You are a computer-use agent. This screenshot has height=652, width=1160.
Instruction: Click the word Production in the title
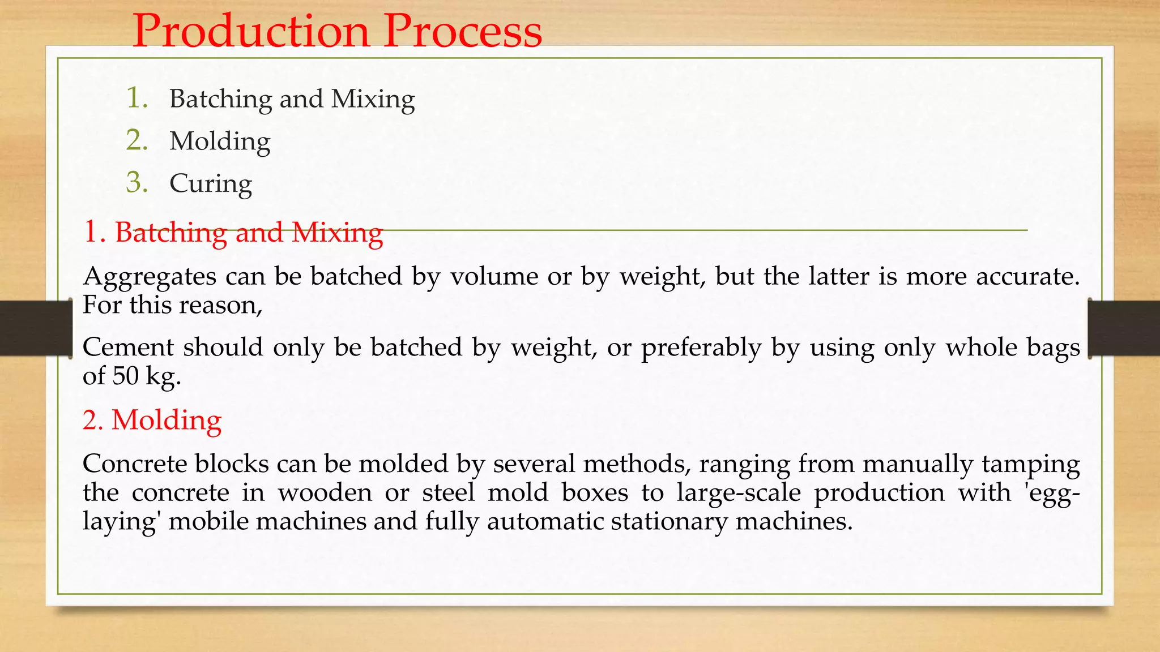[x=251, y=31]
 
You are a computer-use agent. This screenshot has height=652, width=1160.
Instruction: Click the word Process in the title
[x=463, y=31]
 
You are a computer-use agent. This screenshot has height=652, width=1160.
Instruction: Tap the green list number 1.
[x=136, y=98]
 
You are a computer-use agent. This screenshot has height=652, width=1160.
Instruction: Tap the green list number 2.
[x=137, y=140]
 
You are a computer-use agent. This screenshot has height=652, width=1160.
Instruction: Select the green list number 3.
[x=137, y=183]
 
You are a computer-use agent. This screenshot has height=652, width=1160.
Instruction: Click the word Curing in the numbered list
[x=211, y=184]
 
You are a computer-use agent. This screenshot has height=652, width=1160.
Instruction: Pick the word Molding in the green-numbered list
[x=220, y=141]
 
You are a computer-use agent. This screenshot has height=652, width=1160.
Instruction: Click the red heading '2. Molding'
[x=152, y=421]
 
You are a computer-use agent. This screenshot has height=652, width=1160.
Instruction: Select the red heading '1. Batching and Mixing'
[x=233, y=233]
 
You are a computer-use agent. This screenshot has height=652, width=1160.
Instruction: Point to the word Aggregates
[x=150, y=277]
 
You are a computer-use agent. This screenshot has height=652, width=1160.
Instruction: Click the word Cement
[x=128, y=347]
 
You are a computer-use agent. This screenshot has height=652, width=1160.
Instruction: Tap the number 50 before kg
[x=125, y=376]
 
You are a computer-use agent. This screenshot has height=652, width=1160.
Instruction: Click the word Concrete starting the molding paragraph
[x=135, y=464]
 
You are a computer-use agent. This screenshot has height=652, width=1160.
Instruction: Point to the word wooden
[x=325, y=492]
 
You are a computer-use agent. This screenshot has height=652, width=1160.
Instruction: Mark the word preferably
[x=701, y=348]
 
